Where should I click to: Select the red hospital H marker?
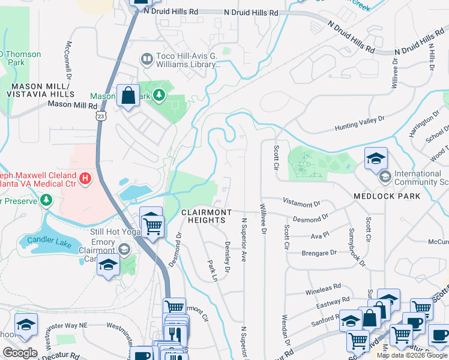pyautogui.click(x=85, y=178)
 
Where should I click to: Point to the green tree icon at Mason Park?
pyautogui.click(x=158, y=95)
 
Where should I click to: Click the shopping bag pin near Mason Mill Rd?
pyautogui.click(x=128, y=96)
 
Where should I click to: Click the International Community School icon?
pyautogui.click(x=384, y=177)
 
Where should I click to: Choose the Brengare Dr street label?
pyautogui.click(x=319, y=253)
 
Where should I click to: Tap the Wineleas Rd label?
pyautogui.click(x=324, y=286)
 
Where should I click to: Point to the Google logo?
pyautogui.click(x=20, y=352)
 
